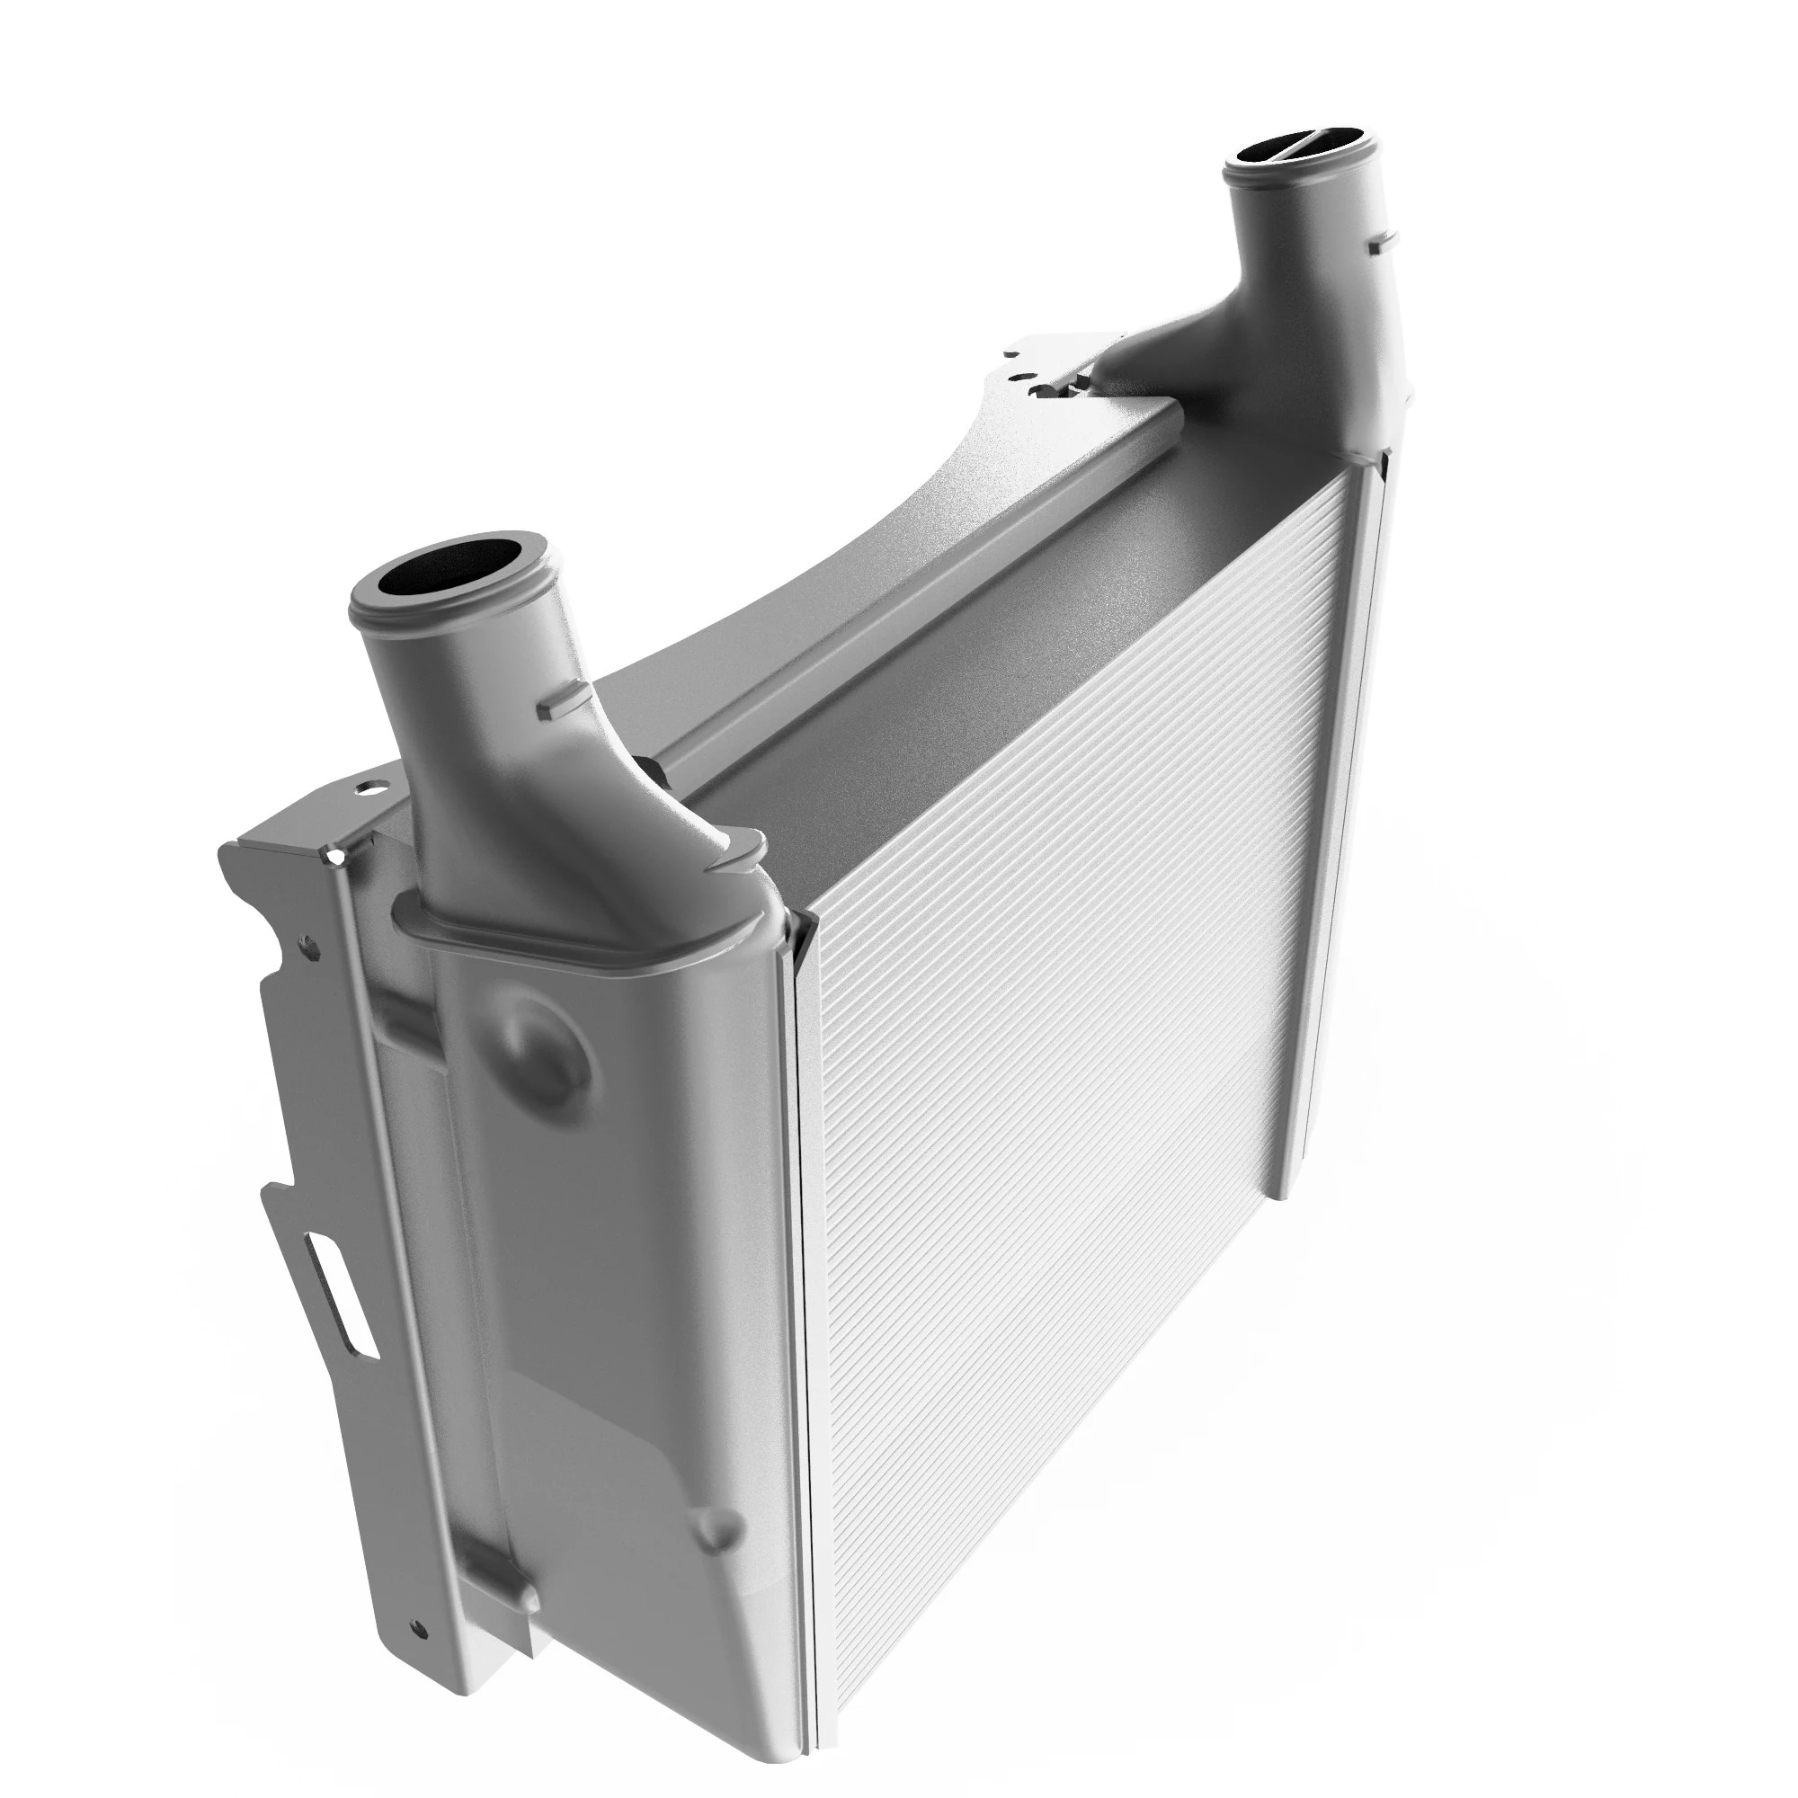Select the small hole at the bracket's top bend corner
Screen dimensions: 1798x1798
point(334,852)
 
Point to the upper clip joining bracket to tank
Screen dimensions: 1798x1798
point(405,1021)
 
